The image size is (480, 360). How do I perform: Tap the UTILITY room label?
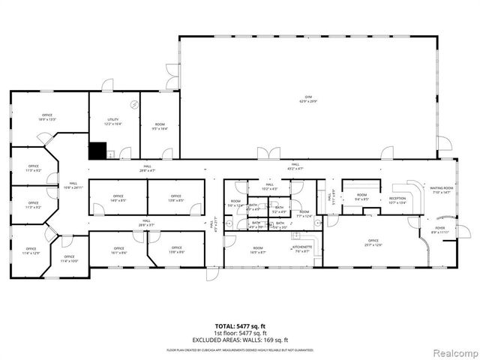[114, 121]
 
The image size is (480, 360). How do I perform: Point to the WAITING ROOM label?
[442, 190]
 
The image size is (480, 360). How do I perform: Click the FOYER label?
[439, 230]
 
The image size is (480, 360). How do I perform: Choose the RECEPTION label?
[397, 200]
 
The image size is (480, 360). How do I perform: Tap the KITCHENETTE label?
[302, 249]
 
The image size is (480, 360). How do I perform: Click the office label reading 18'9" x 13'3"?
[48, 117]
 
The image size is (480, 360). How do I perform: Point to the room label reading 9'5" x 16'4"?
[160, 126]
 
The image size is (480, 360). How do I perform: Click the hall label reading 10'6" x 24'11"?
[73, 185]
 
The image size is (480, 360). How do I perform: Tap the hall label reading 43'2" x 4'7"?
[295, 166]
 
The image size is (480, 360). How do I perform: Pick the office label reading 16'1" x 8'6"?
[118, 250]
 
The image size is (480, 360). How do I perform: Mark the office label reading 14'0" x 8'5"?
[118, 199]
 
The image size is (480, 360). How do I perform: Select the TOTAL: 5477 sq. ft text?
[240, 327]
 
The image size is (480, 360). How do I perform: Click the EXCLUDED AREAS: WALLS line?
[240, 339]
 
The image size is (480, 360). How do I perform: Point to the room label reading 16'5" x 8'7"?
[258, 250]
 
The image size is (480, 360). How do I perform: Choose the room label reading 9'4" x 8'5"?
[361, 197]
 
